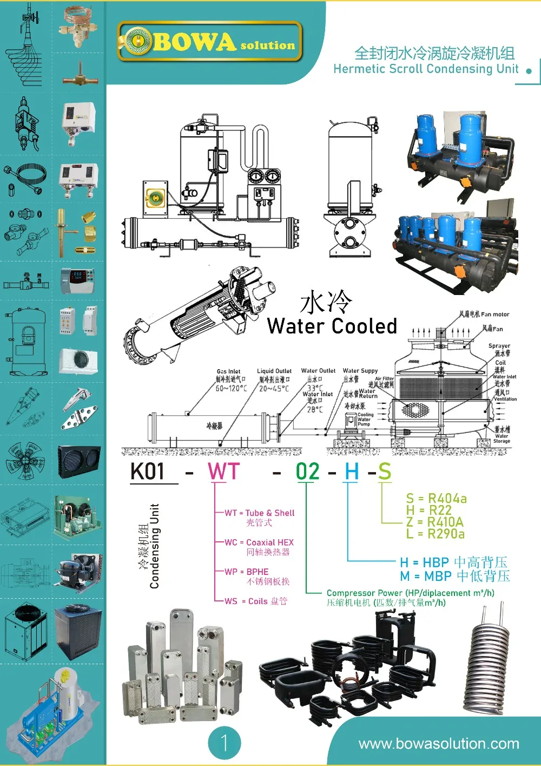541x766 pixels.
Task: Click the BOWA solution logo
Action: (210, 41)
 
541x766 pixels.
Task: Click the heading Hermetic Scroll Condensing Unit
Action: (426, 69)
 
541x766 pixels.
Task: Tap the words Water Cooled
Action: (332, 326)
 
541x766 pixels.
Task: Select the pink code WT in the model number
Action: (223, 472)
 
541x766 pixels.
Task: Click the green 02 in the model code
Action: (307, 472)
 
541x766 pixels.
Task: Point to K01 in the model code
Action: (147, 472)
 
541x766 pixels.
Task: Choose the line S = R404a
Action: (436, 498)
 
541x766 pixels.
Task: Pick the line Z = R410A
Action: (434, 522)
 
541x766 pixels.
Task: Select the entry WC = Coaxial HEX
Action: (259, 542)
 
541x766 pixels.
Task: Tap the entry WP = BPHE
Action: (247, 572)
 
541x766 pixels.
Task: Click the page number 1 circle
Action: (224, 743)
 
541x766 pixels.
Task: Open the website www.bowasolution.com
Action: (438, 744)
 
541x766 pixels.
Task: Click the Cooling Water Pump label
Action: (365, 420)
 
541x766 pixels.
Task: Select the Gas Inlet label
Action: (228, 371)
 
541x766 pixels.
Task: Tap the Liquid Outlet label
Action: (274, 371)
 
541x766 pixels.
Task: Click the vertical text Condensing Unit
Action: (155, 546)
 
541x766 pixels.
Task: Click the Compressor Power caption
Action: (410, 593)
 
